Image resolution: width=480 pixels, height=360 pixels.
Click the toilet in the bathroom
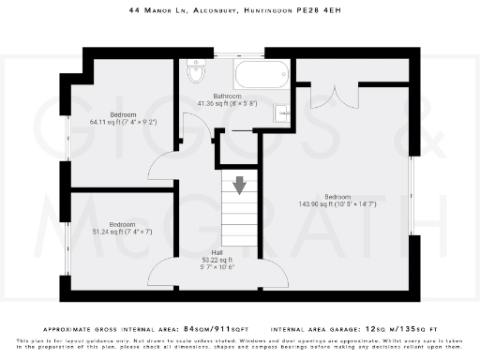click(x=197, y=72)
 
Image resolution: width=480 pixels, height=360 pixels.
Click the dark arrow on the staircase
click(x=240, y=185)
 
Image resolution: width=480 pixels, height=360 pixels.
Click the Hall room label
click(x=217, y=253)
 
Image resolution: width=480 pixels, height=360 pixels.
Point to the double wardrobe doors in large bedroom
click(x=334, y=97)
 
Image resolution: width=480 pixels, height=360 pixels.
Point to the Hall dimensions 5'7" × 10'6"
click(x=217, y=267)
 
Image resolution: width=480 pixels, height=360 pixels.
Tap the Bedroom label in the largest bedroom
click(x=337, y=196)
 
